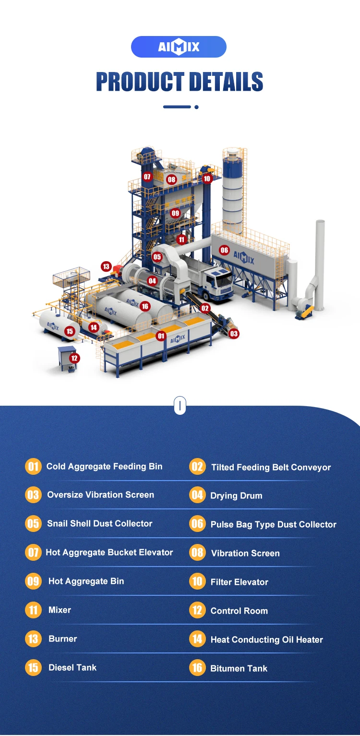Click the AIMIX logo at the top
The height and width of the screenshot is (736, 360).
[179, 47]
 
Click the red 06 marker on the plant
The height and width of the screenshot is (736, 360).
[224, 250]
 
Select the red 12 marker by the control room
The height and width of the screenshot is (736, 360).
[74, 358]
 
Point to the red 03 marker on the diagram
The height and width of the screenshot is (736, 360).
[234, 333]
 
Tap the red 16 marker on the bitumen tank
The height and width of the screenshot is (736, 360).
[145, 306]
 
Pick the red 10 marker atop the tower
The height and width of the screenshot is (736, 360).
[206, 179]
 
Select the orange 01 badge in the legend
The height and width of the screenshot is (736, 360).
[33, 466]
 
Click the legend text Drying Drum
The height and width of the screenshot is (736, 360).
[236, 495]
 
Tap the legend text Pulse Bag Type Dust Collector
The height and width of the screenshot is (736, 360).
[273, 524]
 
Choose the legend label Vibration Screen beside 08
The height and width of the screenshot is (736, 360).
[245, 553]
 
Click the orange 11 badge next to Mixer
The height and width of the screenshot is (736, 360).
[33, 610]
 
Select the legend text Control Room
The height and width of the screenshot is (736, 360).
[239, 611]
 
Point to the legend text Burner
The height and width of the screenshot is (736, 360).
[62, 639]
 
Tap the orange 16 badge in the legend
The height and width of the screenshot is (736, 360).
[197, 668]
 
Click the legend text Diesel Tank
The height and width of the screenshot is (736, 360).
[72, 667]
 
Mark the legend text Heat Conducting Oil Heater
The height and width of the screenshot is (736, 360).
[266, 639]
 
